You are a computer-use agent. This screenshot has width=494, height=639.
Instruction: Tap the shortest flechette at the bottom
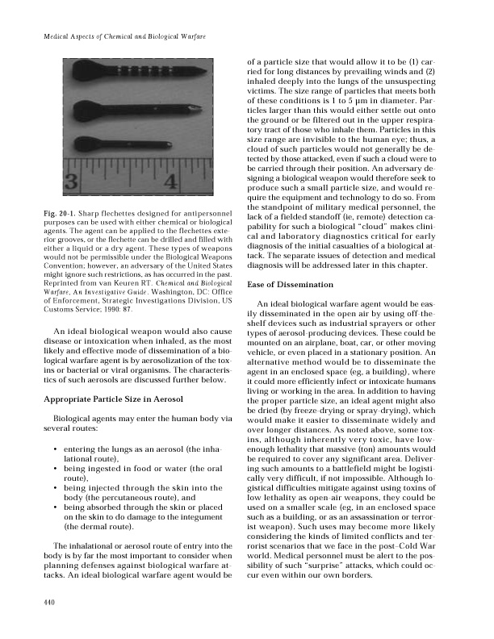click(x=121, y=145)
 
